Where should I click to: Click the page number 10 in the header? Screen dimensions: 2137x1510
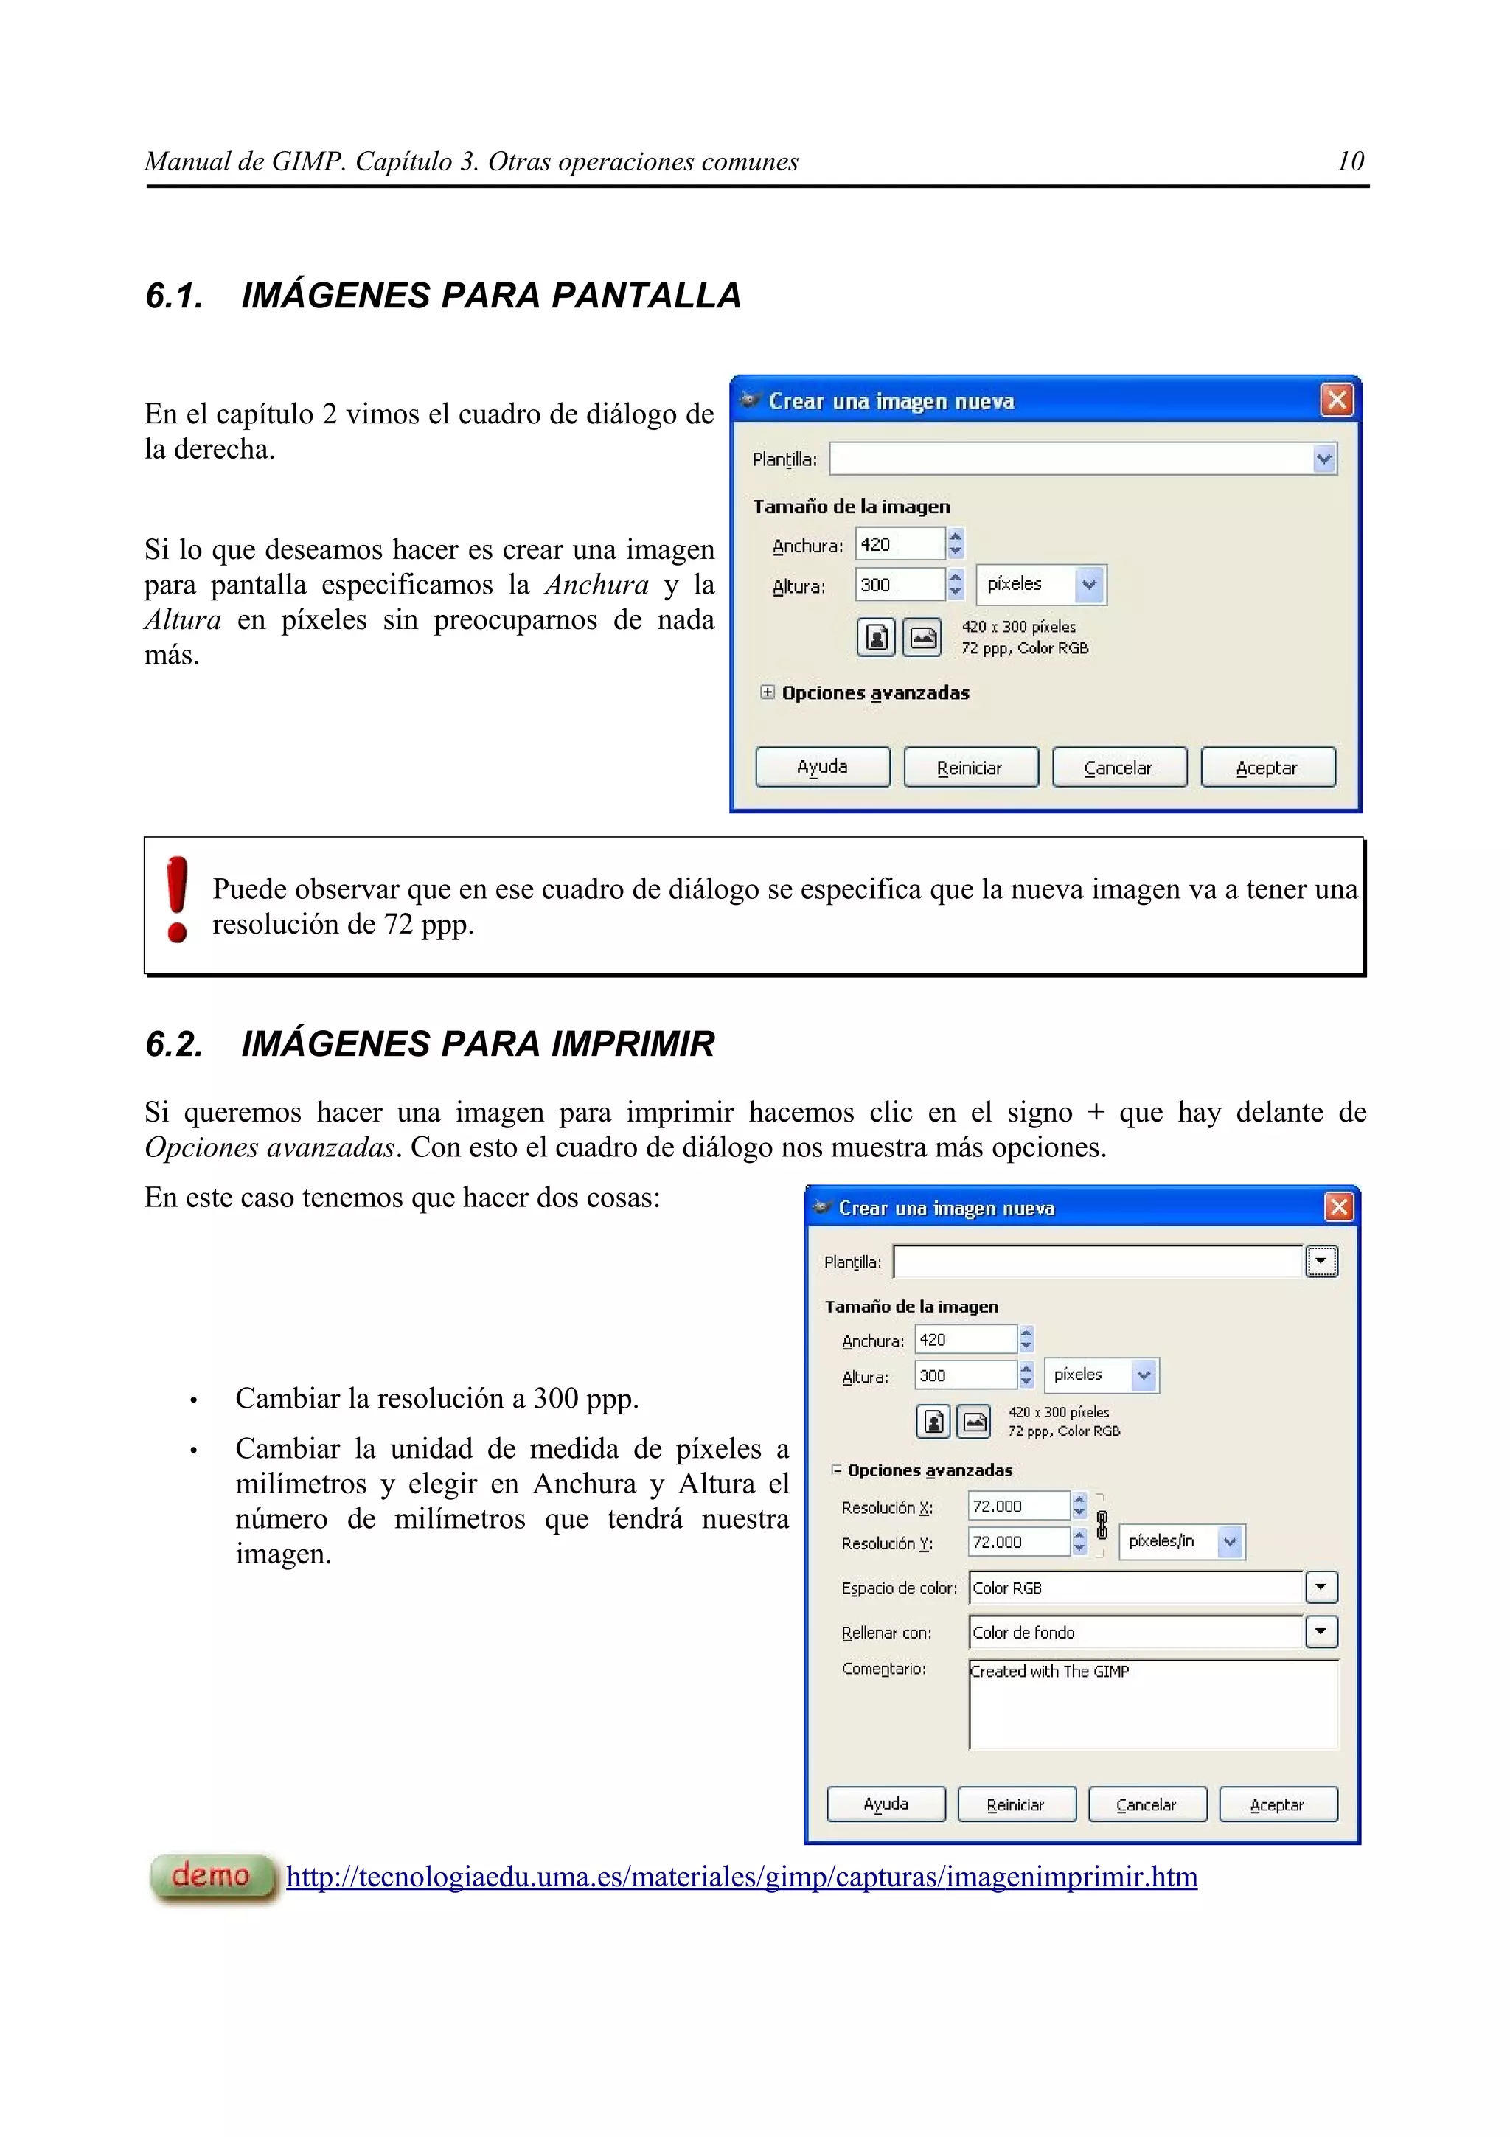coord(1350,161)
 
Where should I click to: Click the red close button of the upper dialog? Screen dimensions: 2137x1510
coord(1337,400)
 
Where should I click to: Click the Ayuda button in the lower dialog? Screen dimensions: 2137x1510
coord(885,1804)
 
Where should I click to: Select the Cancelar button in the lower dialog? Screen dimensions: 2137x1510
coord(1147,1804)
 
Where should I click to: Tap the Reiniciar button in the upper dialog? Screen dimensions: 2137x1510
coord(970,767)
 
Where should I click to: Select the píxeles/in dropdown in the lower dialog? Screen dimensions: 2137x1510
coord(1180,1541)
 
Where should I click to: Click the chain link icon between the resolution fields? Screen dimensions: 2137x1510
coord(1102,1524)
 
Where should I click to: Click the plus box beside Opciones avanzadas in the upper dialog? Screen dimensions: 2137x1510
coord(767,692)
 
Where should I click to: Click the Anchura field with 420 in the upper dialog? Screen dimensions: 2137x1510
coord(899,543)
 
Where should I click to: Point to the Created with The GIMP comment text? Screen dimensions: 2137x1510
coord(1049,1671)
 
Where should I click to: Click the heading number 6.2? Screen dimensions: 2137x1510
coord(174,1043)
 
